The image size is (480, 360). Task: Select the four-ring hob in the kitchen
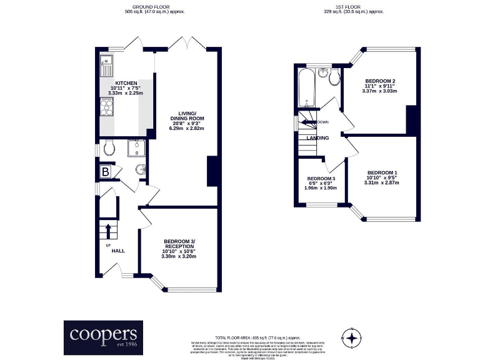tap(105, 109)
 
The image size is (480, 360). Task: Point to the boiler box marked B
tap(105, 171)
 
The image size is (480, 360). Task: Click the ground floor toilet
tap(108, 147)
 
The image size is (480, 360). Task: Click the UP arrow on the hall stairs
tap(107, 231)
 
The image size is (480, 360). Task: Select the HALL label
tap(117, 251)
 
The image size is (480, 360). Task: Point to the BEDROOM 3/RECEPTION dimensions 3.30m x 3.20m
tap(179, 256)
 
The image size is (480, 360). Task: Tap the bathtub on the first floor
tap(306, 87)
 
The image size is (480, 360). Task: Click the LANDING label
tap(318, 138)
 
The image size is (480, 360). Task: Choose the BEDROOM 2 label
tap(380, 81)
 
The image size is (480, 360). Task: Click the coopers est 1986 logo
tap(103, 337)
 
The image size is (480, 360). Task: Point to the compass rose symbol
tap(352, 338)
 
